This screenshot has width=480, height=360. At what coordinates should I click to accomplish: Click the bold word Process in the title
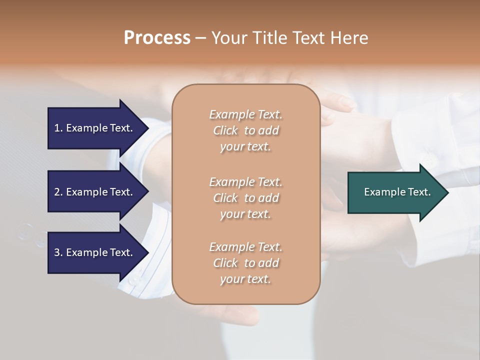[x=157, y=38]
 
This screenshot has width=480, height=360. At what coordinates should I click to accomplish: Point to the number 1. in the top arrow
[x=58, y=128]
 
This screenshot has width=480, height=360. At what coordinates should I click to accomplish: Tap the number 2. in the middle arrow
[x=58, y=192]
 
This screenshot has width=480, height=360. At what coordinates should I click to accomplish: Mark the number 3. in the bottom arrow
[x=58, y=253]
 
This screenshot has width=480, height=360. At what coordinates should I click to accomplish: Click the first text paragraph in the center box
[x=245, y=130]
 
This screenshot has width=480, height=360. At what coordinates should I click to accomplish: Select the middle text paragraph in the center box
[x=245, y=198]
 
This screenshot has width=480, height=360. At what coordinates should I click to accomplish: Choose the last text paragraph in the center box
[x=245, y=263]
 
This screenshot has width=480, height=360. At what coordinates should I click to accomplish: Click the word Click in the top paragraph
[x=225, y=131]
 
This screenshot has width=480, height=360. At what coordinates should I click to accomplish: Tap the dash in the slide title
[x=201, y=38]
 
